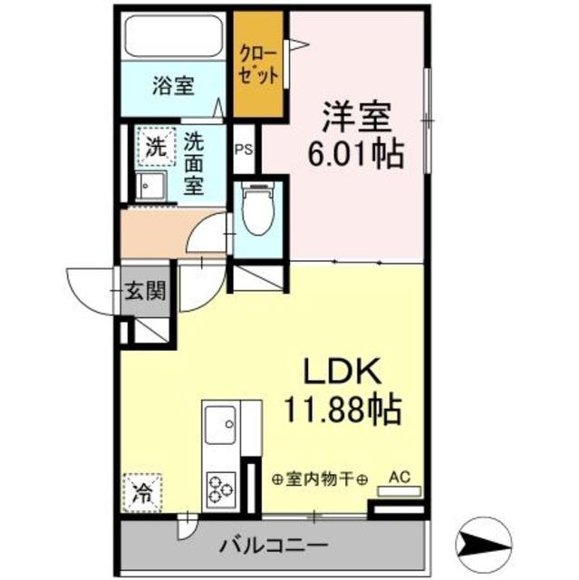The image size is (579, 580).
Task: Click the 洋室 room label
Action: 356,118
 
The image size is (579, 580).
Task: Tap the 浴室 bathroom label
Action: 173,87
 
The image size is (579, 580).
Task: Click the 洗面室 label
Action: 195,164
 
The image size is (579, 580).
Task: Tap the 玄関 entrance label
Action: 146,291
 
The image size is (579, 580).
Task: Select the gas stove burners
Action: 221,489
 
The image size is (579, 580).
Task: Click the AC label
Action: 400,475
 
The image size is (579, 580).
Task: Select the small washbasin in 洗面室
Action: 150,186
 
